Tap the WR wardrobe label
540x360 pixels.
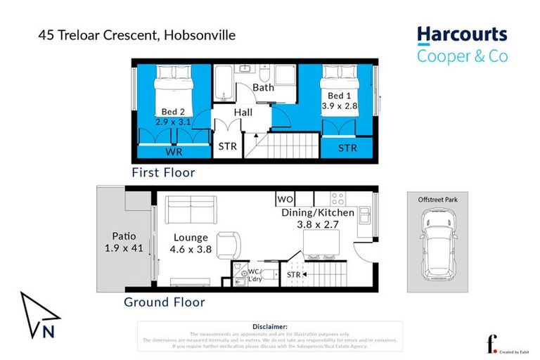(x=173, y=151)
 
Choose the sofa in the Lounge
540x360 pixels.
(x=191, y=210)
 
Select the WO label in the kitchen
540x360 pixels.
(x=285, y=199)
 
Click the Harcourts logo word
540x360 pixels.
(x=461, y=35)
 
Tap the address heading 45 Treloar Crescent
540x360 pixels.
(x=137, y=34)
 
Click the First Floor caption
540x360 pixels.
(x=163, y=172)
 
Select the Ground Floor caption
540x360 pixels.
(x=164, y=302)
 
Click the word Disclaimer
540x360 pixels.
(x=269, y=326)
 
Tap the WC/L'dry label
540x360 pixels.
(x=254, y=275)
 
